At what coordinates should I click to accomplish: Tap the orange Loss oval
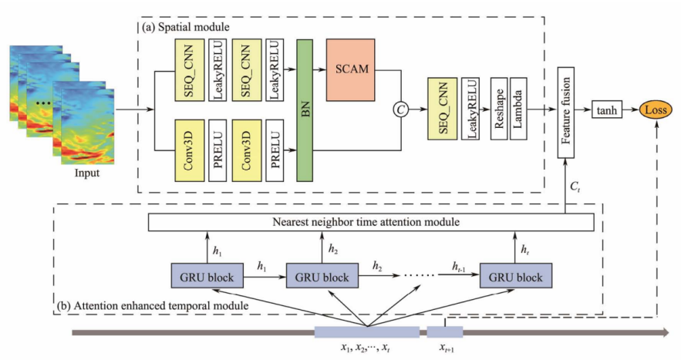tap(656, 110)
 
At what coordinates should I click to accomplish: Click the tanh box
tap(609, 110)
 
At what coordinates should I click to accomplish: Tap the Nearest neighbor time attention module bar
tap(370, 222)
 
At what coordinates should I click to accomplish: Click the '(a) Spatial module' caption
tap(186, 26)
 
